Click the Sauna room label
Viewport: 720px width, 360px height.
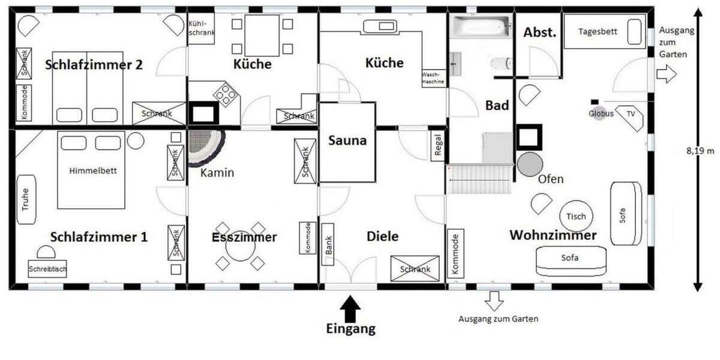coord(347,142)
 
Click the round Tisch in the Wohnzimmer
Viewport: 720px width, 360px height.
coord(576,216)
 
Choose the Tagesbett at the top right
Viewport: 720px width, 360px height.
coord(602,32)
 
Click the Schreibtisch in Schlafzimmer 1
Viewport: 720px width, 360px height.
coord(47,269)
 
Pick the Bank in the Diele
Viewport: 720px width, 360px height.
coord(329,245)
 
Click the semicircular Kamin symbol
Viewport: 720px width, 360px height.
coord(206,147)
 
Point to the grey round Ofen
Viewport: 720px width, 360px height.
coord(530,164)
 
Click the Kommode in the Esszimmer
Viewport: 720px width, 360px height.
coord(307,238)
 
